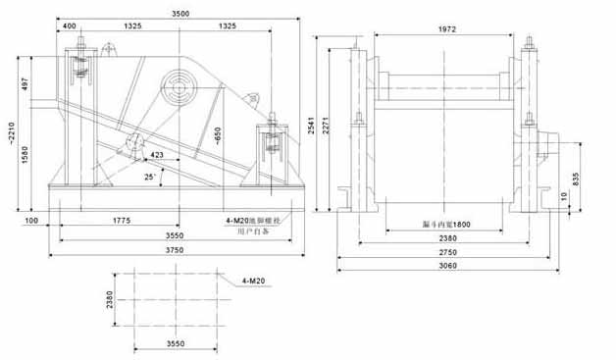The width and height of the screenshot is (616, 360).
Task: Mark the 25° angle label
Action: [150, 177]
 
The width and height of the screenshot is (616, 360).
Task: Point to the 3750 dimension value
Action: [176, 250]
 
